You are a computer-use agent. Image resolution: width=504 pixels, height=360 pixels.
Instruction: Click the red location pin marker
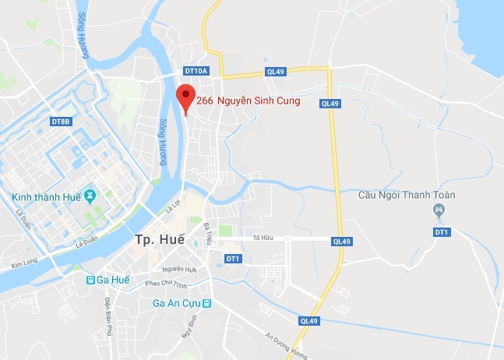[185, 97]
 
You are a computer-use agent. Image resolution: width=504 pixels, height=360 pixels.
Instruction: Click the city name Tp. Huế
[159, 239]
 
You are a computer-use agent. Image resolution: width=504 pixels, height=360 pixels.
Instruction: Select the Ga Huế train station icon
[91, 279]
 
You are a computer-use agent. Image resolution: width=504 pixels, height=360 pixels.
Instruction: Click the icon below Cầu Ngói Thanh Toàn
[439, 210]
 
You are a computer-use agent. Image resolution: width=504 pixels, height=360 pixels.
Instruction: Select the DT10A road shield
[197, 71]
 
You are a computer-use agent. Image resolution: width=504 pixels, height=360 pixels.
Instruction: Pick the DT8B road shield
[61, 122]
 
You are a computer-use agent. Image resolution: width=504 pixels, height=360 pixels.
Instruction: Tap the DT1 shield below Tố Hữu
[233, 258]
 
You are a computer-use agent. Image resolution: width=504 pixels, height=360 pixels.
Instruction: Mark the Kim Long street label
[24, 266]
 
